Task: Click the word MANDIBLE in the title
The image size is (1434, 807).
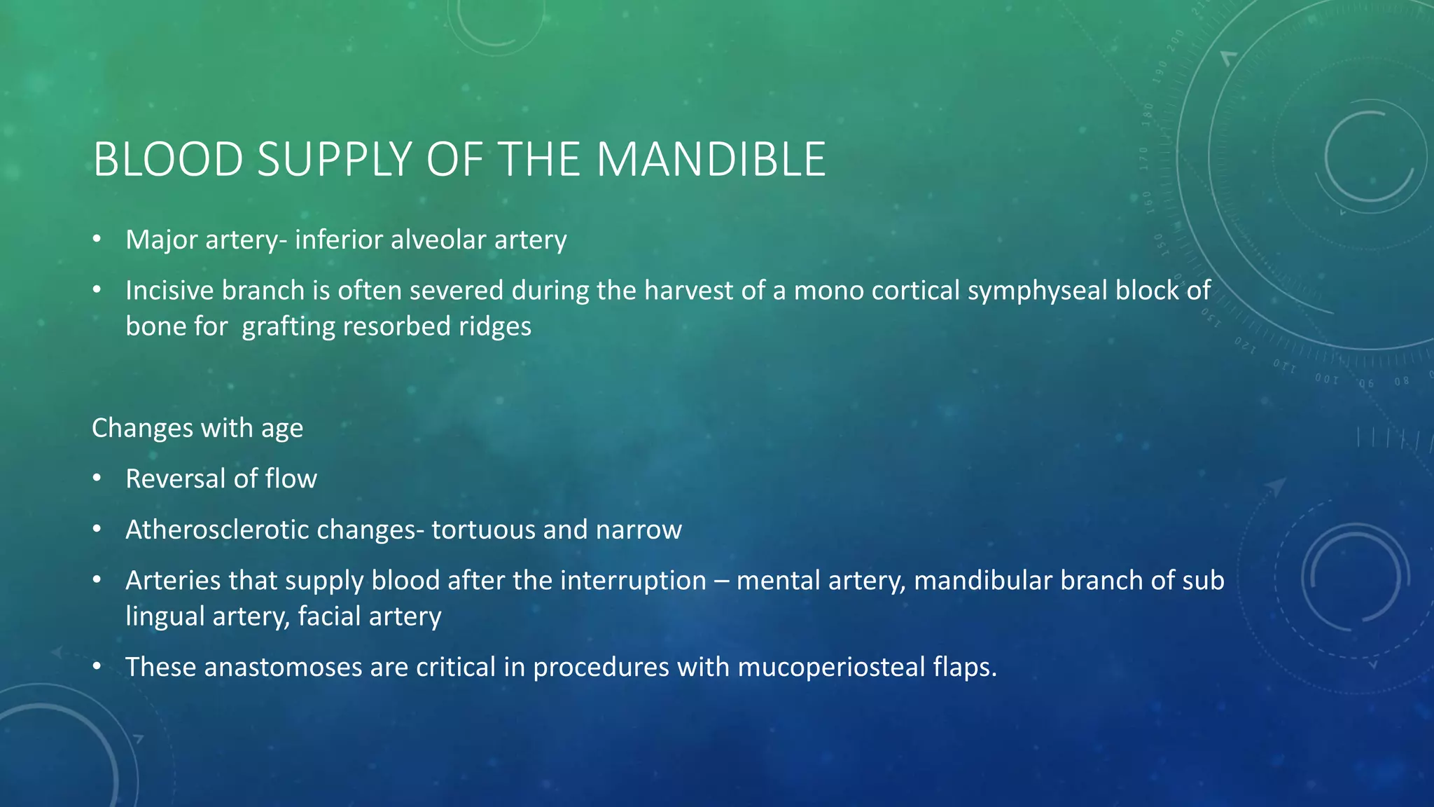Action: [711, 160]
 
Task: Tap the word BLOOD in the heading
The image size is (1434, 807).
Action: [168, 160]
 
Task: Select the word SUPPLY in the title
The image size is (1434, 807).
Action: [334, 160]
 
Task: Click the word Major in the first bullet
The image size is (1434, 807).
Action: [162, 240]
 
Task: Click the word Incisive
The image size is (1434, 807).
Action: [170, 290]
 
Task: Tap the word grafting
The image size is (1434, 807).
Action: [288, 326]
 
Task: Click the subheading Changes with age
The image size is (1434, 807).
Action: [197, 427]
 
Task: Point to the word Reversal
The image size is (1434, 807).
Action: [176, 478]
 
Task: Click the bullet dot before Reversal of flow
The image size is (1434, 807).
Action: [97, 478]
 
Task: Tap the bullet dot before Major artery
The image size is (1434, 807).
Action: [97, 240]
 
